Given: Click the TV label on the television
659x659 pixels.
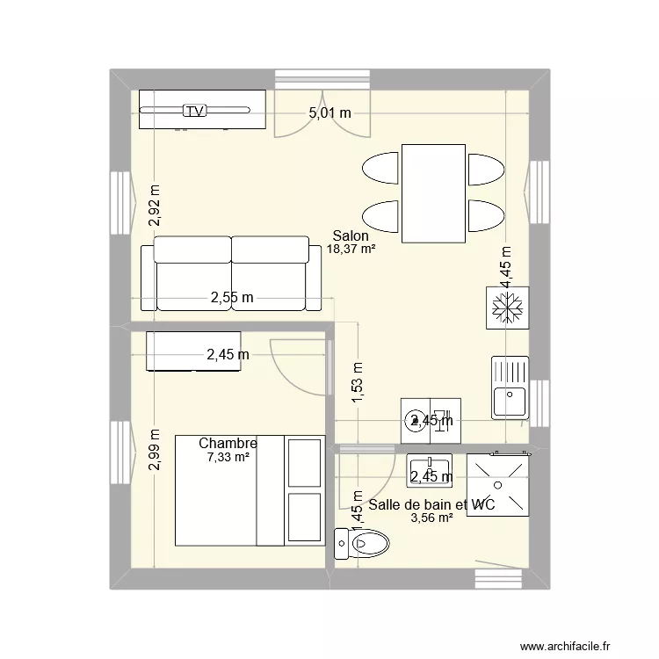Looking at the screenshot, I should [x=194, y=111].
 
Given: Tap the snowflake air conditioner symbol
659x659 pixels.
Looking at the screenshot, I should [x=507, y=308].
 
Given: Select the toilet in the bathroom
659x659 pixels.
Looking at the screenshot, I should [x=361, y=543].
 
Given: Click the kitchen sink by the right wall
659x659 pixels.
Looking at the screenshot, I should [x=510, y=387].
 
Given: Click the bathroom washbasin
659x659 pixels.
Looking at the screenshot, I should [x=429, y=471].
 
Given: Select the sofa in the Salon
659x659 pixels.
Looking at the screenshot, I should [x=232, y=273].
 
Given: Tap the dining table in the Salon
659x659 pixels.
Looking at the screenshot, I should [x=433, y=193].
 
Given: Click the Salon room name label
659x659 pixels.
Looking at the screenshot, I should [x=351, y=235].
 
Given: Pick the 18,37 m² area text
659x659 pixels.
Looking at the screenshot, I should [x=351, y=249].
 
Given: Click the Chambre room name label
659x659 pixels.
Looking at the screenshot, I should [x=228, y=444].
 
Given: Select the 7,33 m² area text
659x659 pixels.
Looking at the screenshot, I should [x=228, y=457].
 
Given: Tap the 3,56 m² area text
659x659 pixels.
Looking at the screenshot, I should [x=431, y=518].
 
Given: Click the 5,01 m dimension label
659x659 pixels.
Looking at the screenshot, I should [x=329, y=112].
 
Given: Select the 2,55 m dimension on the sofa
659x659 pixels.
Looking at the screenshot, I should [x=232, y=298].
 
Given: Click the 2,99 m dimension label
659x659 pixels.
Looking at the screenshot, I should [x=155, y=450].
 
